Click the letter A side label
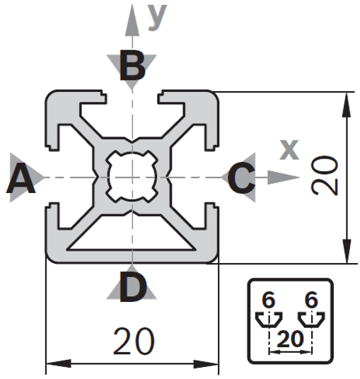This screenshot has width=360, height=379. click(21, 178)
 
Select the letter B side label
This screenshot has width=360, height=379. click(132, 65)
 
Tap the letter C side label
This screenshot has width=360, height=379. click(241, 177)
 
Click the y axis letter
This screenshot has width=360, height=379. click(158, 17)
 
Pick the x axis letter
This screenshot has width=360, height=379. click(289, 150)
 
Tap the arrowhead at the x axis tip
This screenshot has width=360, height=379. click(284, 177)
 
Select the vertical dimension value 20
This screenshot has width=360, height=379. click(325, 175)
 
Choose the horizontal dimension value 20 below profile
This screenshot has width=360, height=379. click(134, 342)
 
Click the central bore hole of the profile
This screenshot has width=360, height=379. click(132, 177)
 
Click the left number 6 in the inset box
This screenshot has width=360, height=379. click(268, 301)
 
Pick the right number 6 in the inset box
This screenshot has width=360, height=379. click(311, 301)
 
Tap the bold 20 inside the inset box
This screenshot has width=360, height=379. click(290, 339)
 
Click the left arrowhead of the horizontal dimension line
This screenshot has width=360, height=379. click(59, 363)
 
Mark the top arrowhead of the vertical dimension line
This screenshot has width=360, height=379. click(347, 105)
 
